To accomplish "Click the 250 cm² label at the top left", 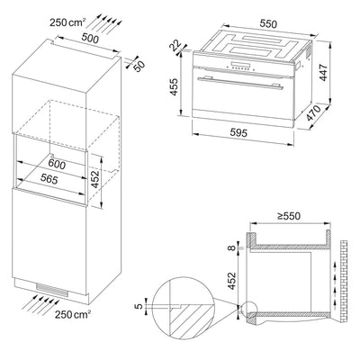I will pyautogui.click(x=25, y=21).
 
